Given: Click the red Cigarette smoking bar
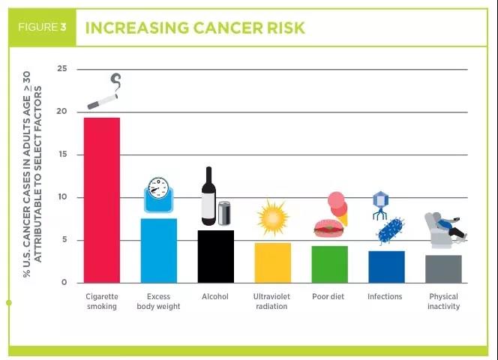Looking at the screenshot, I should click(x=101, y=200).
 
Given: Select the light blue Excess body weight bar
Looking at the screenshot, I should click(x=158, y=250).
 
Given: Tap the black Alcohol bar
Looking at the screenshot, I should click(x=215, y=256).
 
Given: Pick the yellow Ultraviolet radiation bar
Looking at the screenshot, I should click(x=272, y=262).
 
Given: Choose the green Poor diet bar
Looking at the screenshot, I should click(x=329, y=264).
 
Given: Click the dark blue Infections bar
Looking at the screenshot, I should click(x=386, y=267).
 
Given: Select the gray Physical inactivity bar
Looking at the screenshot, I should click(x=443, y=268).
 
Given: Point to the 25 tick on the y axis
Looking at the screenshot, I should click(x=61, y=69).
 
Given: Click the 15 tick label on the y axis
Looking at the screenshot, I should click(x=61, y=154).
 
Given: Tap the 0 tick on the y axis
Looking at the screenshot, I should click(x=64, y=283).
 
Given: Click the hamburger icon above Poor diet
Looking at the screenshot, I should click(x=328, y=227).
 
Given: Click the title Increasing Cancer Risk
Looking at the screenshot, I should click(x=195, y=28).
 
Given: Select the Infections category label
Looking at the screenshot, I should click(x=385, y=297).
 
